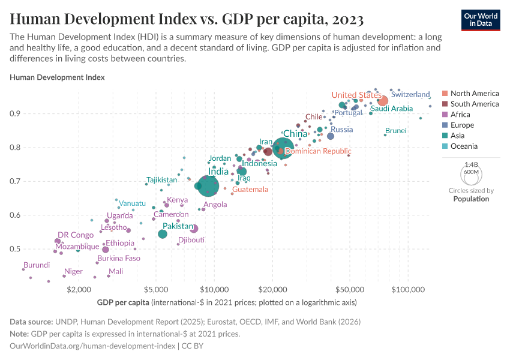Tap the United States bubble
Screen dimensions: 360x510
tap(382, 101)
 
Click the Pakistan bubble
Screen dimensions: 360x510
tap(163, 233)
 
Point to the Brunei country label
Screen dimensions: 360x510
tap(395, 131)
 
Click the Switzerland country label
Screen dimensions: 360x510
tap(410, 95)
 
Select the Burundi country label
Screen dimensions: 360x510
tap(37, 265)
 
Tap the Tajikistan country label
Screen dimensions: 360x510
tap(162, 180)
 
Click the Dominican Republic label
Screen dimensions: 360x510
tap(318, 151)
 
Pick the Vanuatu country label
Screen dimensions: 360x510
tap(132, 203)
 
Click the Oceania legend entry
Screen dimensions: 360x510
tap(465, 146)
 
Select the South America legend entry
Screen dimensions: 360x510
tap(474, 104)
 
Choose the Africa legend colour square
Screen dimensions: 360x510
tap(445, 115)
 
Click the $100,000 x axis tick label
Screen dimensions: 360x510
tap(408, 289)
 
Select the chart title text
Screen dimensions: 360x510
tap(187, 20)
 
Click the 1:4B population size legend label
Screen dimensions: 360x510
tap(471, 164)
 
